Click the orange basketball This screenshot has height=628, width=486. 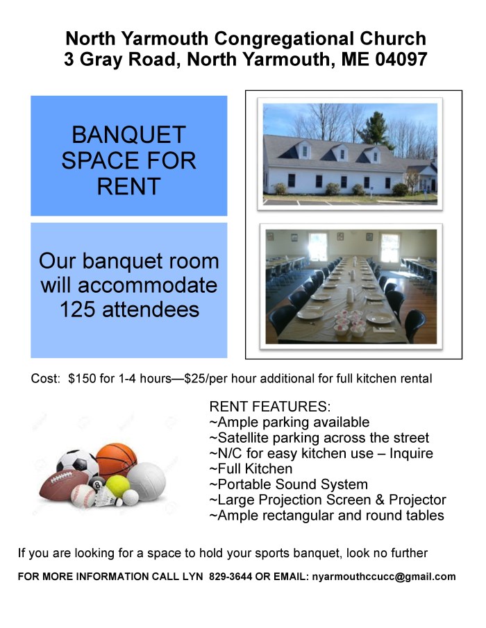117,459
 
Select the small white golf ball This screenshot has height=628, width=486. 130,497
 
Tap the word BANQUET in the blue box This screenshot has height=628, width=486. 128,134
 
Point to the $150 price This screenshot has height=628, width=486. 82,379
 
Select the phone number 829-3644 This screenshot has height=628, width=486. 233,577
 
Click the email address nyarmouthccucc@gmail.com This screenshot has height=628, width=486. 384,577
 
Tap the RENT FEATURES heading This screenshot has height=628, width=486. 270,407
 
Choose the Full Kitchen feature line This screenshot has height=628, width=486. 251,469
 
